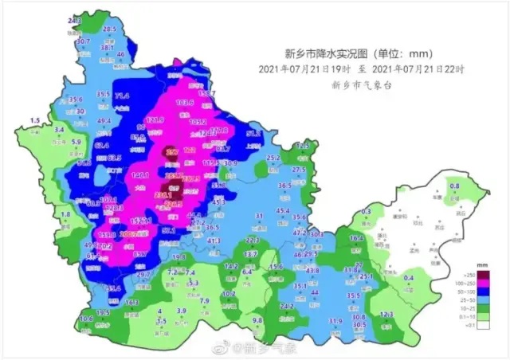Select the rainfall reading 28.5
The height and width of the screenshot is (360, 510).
point(109,29)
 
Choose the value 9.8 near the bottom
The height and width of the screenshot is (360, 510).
point(257,320)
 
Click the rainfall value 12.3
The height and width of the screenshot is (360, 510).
point(386,315)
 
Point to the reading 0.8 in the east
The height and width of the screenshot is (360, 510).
point(455,186)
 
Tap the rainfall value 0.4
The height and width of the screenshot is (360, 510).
point(409,277)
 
